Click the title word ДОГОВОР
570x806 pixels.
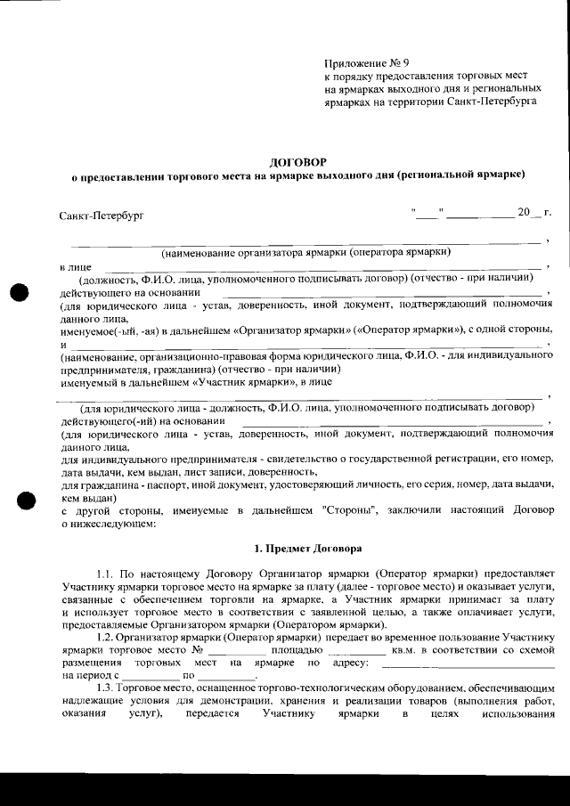297,161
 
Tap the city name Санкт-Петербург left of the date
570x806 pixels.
101,216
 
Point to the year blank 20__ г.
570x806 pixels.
533,213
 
